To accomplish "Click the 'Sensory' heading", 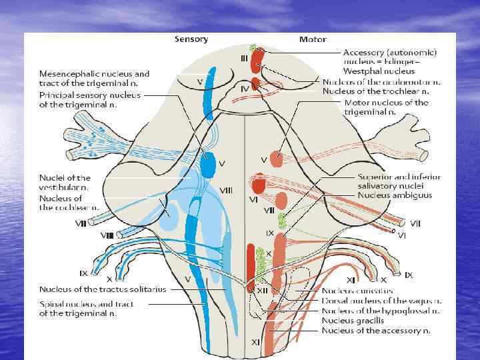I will (191, 39).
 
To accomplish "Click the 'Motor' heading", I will (312, 39).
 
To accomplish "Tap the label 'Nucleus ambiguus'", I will (395, 195).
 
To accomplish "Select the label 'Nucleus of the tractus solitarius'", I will (103, 289).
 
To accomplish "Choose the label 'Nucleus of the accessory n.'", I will (376, 330).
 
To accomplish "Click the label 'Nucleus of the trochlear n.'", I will (375, 91).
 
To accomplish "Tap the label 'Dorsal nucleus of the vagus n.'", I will (381, 301).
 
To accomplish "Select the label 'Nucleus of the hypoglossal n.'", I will (381, 311).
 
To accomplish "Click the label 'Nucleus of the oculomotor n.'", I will (381, 82).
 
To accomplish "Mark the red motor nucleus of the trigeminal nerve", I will (277, 160).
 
